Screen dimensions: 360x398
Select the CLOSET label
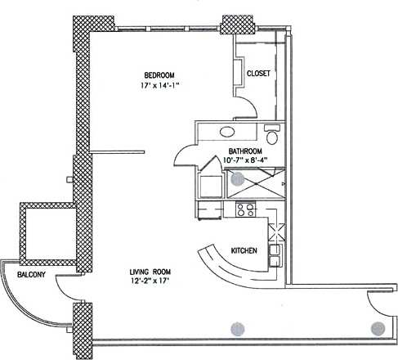click(259, 73)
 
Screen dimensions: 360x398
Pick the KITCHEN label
click(245, 250)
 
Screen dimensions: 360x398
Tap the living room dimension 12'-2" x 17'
click(154, 282)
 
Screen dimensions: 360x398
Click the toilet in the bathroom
click(272, 136)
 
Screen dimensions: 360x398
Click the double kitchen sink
click(277, 253)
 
